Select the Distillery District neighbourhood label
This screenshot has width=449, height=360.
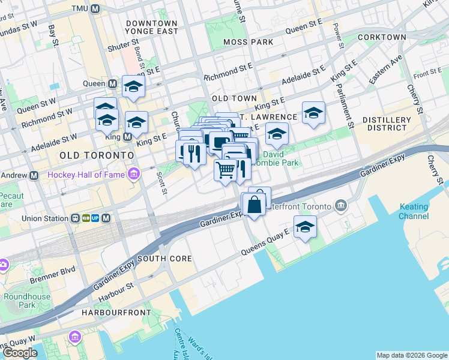387,124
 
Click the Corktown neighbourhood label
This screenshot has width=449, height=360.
382,37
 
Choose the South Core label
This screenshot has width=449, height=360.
164,259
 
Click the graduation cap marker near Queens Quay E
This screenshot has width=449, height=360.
305,228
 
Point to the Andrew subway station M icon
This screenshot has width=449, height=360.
34,175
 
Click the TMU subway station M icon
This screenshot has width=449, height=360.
95,9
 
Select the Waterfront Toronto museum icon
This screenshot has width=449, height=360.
342,206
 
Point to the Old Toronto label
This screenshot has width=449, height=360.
96,155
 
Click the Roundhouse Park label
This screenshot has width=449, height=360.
26,301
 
